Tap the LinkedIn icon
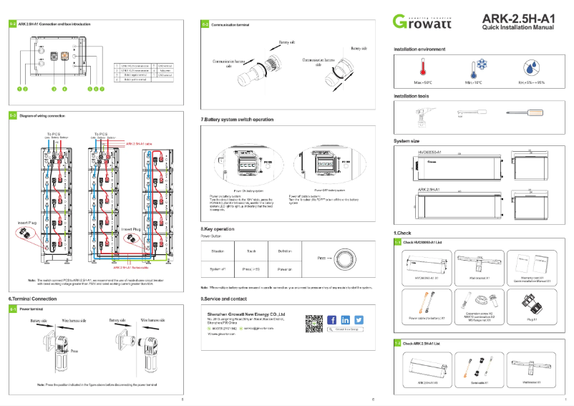pyautogui.click(x=345, y=319)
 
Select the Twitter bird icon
pyautogui.click(x=359, y=319)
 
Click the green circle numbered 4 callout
pyautogui.click(x=64, y=89)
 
